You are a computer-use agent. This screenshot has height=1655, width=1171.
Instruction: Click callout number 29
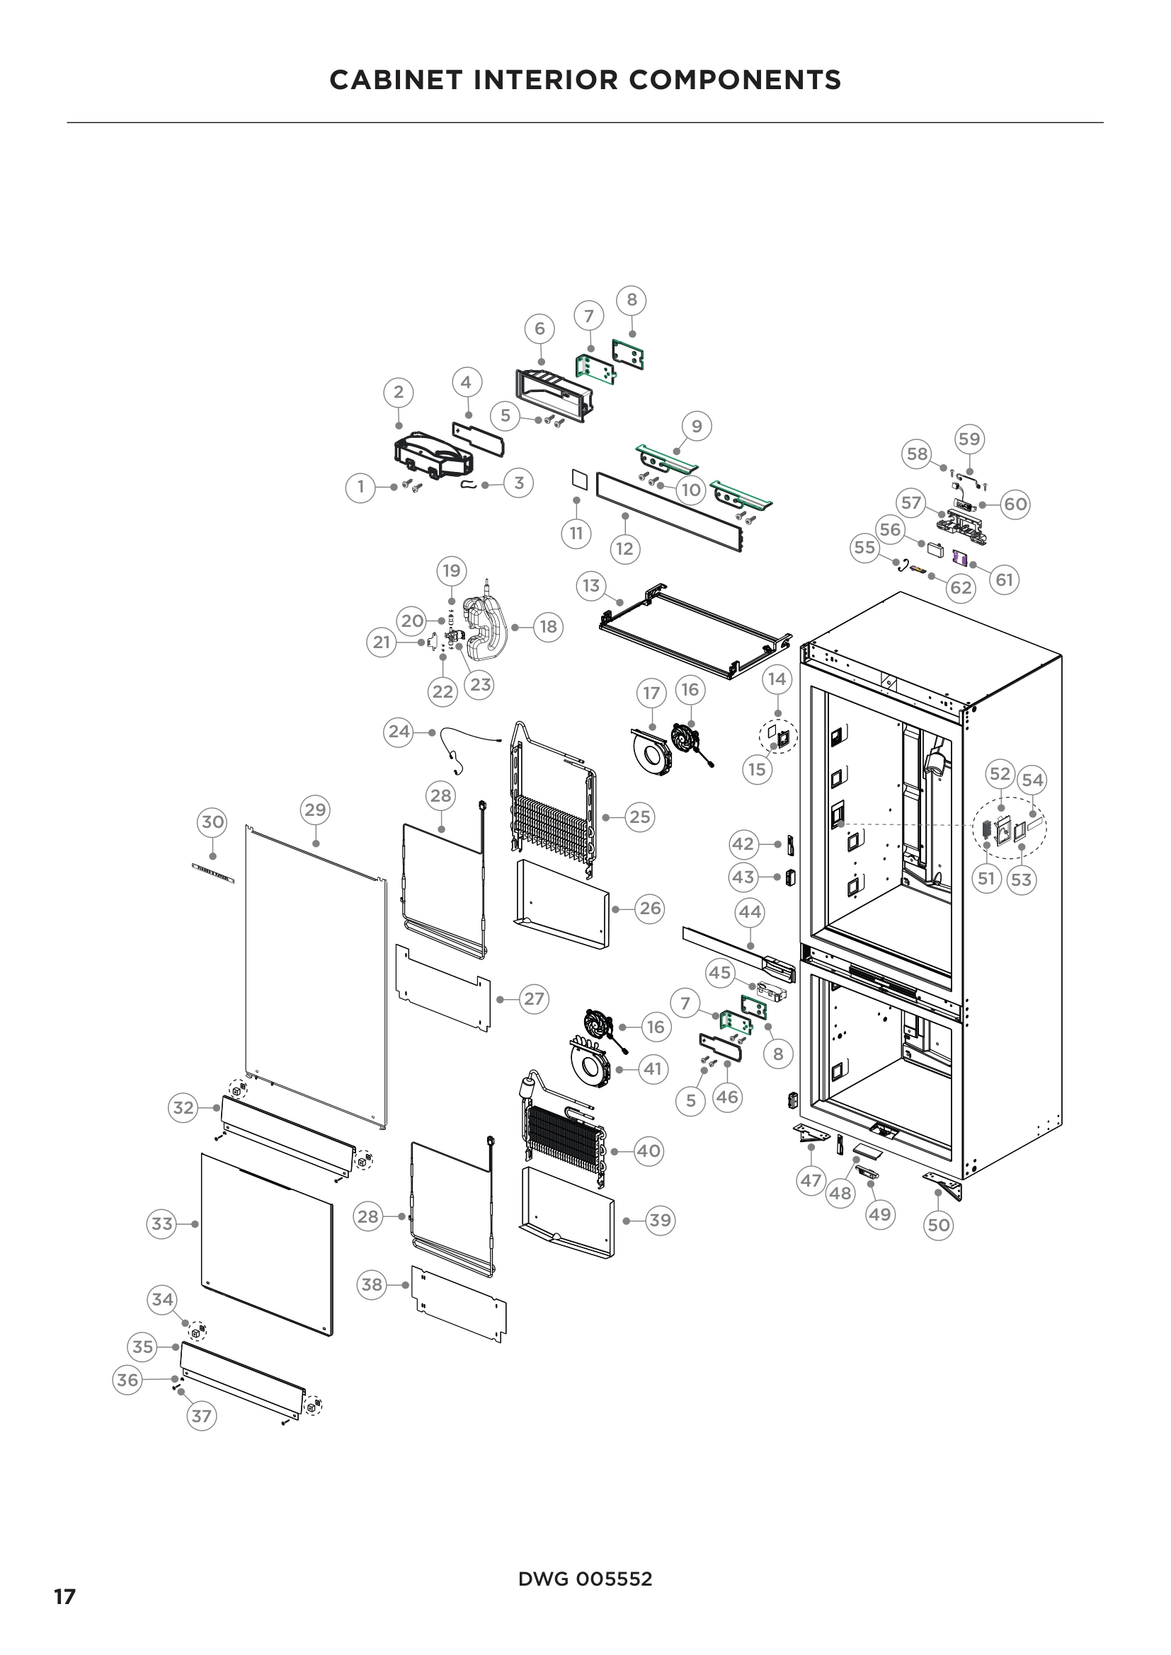point(315,809)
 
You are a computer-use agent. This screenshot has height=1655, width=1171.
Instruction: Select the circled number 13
point(591,585)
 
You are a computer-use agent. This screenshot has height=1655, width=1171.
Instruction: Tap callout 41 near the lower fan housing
point(653,1068)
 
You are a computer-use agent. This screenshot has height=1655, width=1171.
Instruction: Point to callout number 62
point(961,587)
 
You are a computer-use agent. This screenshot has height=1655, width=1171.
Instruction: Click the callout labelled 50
point(938,1225)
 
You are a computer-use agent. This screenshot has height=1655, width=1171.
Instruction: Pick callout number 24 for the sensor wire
point(399,732)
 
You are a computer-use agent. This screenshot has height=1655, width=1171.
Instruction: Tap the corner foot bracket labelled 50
point(944,1186)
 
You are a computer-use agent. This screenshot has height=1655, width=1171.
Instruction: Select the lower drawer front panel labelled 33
point(267,1243)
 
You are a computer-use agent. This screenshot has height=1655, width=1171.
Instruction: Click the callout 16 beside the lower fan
point(655,1027)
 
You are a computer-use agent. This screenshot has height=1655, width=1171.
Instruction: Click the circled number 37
point(201,1416)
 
